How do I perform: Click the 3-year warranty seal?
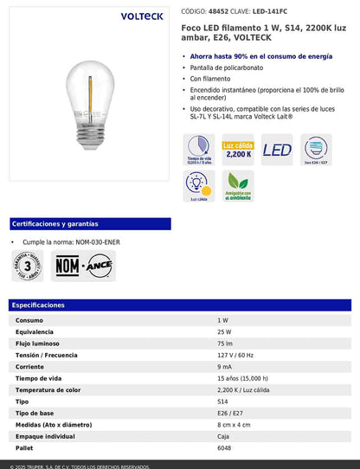click(29, 266)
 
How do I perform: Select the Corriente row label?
click(31, 366)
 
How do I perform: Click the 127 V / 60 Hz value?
click(236, 355)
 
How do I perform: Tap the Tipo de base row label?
click(37, 413)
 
